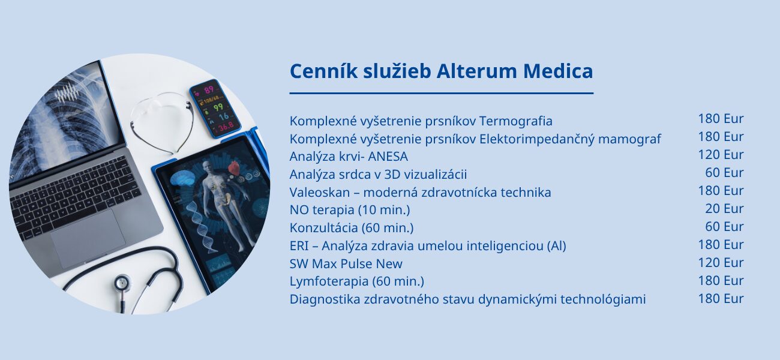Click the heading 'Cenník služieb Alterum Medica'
pos(441,71)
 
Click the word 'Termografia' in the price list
pos(516,121)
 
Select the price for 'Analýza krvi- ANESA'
pos(721,154)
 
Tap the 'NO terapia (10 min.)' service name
pos(350,210)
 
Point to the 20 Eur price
pos(724,209)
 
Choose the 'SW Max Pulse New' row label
pos(346,263)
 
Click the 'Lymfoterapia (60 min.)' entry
pos(357,281)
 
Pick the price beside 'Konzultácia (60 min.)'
pos(724,226)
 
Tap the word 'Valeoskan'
pos(320,192)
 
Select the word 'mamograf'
pos(629,139)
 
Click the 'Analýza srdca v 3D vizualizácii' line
pos(378,174)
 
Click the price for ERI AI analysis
pos(721,244)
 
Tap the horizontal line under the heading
pos(442,94)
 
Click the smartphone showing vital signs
pos(215,108)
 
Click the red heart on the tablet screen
pos(234,169)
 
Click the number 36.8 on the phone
pos(226,127)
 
